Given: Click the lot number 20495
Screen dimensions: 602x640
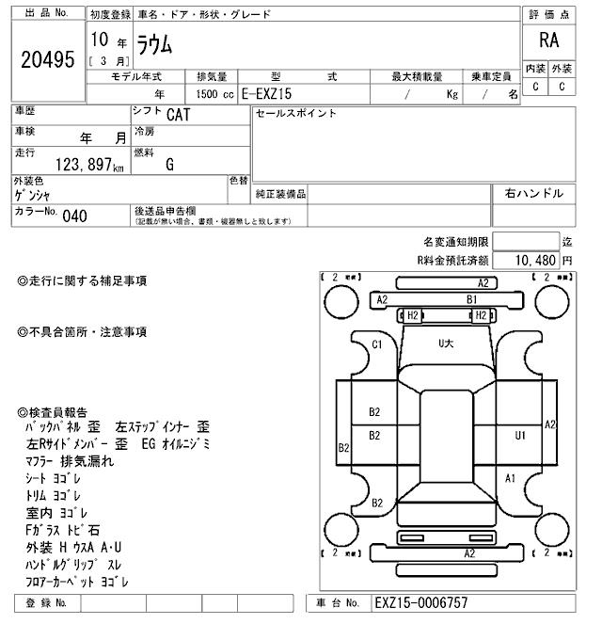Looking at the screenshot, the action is pos(46,59).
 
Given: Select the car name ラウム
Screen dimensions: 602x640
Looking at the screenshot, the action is pos(156,42).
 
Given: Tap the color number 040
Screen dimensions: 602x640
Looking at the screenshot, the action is pos(74,216).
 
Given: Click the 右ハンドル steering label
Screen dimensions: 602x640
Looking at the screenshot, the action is pos(533,193).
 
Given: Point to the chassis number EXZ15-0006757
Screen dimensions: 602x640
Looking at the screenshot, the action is pos(420,603).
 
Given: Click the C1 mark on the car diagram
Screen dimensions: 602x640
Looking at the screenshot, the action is pos(377,344).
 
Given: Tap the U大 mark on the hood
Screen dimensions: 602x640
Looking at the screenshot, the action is pos(445,344).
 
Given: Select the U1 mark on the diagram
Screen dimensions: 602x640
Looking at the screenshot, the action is pos(519,435).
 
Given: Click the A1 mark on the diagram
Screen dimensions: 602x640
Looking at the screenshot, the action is pos(510,478).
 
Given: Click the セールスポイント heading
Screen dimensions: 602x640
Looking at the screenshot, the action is pos(295,113).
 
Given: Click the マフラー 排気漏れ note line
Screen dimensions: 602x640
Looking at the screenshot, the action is pos(70,461).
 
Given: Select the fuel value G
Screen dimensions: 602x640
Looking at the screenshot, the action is pos(169,165).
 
